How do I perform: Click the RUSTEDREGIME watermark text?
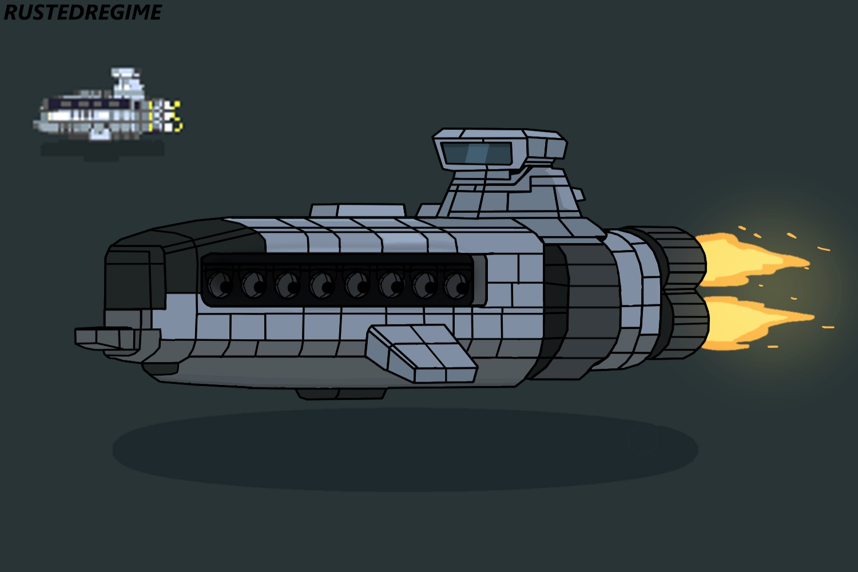point(82,12)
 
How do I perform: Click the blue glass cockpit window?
point(476,153)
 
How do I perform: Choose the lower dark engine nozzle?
point(685,323)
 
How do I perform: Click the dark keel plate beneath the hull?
point(341,394)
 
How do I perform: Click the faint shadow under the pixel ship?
point(103,150)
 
